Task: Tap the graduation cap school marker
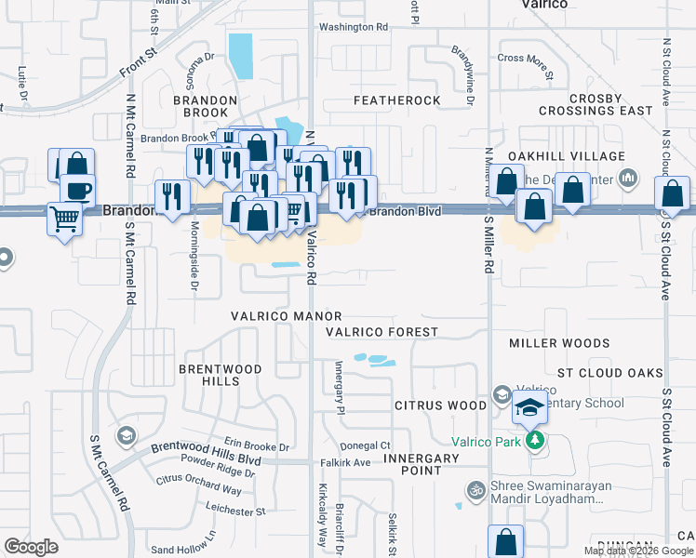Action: [529, 407]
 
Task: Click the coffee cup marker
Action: [77, 192]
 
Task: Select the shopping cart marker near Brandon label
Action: [64, 220]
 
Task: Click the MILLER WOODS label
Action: [558, 343]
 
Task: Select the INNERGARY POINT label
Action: [422, 464]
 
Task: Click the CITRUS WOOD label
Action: [440, 405]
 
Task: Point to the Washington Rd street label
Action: [353, 27]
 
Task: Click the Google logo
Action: [32, 547]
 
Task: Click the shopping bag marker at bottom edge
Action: [505, 541]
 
